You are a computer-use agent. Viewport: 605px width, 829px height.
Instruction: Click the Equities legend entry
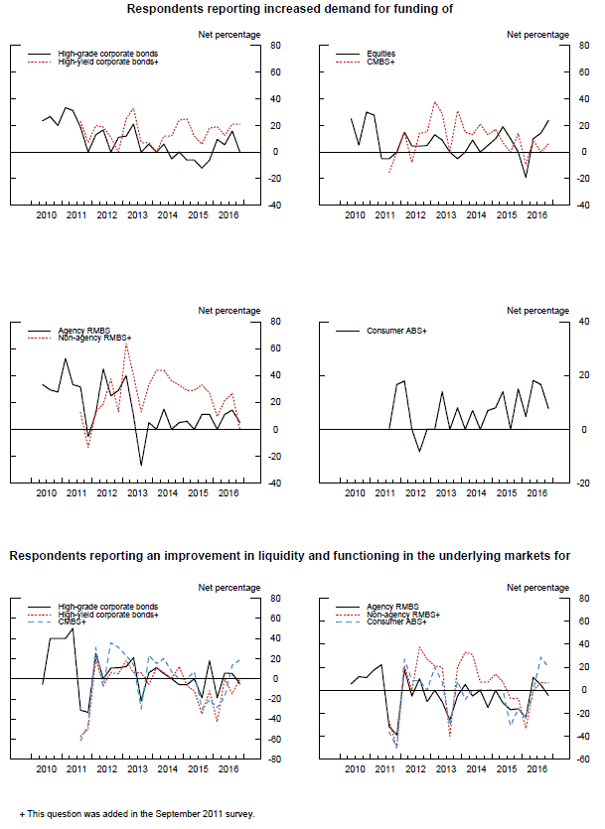[380, 54]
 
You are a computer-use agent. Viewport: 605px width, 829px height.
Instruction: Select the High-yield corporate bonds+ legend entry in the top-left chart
[108, 62]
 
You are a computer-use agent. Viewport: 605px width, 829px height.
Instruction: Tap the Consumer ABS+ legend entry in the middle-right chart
[399, 331]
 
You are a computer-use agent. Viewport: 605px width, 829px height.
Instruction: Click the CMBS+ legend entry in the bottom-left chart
[73, 622]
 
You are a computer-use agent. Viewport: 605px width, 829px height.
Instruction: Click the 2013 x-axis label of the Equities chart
[444, 214]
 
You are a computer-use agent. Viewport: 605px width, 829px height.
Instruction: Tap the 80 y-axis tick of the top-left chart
[277, 45]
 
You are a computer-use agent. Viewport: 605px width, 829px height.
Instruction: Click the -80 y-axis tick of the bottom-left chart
[277, 760]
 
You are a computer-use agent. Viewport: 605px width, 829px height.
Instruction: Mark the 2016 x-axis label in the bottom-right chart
[535, 768]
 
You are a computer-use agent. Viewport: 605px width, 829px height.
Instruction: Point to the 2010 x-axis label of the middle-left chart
[46, 491]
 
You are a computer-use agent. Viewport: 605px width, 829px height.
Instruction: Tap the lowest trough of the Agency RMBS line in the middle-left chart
[141, 465]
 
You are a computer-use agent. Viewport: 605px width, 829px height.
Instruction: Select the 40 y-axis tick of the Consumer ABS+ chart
[584, 322]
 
